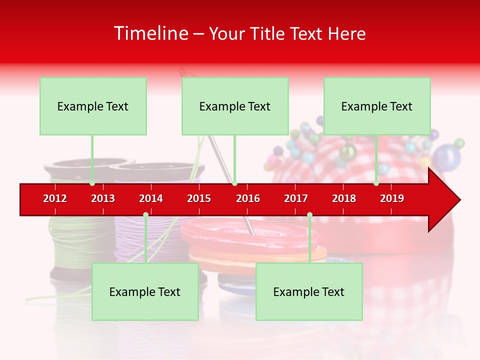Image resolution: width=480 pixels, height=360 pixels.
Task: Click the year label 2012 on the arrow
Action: coord(55,198)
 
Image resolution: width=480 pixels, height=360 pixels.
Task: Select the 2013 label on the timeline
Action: coord(103,198)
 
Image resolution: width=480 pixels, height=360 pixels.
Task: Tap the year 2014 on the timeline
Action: coord(151,198)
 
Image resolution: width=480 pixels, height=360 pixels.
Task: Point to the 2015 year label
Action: coord(199,198)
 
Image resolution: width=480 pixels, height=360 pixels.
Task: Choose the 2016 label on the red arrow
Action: coord(248,198)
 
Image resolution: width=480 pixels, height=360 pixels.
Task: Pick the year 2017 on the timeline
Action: coord(296,198)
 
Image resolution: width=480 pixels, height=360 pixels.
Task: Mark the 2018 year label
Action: coord(344,198)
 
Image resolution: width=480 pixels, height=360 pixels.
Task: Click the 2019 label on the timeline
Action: coord(392,198)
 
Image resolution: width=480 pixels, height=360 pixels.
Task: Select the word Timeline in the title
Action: coord(150,33)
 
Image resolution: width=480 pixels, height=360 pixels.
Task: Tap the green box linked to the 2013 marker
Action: coord(93,106)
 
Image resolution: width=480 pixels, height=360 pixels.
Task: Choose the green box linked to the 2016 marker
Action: coord(235,106)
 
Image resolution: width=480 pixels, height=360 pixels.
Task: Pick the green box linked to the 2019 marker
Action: coord(377,106)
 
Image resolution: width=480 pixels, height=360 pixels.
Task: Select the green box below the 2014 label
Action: coord(145,291)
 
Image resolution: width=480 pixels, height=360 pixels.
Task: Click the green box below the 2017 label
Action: coord(309,291)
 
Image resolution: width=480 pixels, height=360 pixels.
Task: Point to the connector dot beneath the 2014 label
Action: coord(145,214)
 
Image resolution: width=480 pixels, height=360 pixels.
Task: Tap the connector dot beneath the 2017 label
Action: coord(309,214)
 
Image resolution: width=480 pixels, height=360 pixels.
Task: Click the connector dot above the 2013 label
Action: coord(92,183)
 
